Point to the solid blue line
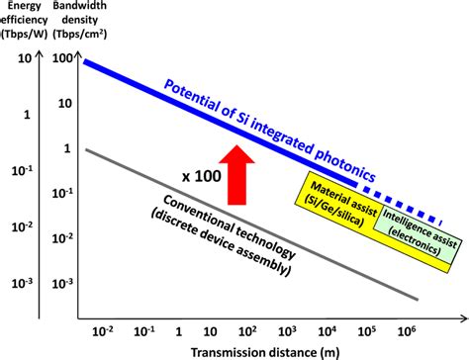point(198,108)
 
